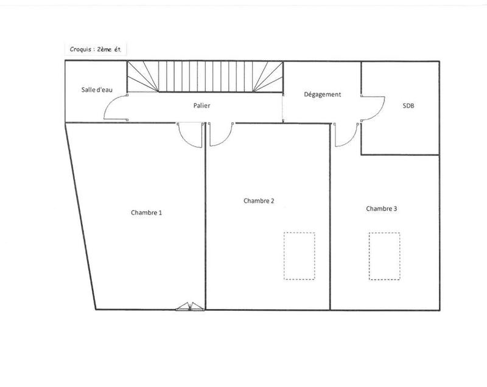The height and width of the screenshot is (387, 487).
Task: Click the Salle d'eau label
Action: (x=97, y=90)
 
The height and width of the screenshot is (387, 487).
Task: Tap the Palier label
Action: (x=202, y=106)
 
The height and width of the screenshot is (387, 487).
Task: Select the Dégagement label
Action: (x=323, y=94)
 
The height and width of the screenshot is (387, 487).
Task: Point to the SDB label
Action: (x=408, y=105)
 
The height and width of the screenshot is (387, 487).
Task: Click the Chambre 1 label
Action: (x=146, y=213)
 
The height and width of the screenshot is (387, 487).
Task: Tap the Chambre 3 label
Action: (x=382, y=209)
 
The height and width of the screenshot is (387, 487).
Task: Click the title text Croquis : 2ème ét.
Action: (x=97, y=47)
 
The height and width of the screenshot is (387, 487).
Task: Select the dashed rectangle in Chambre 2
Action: (x=300, y=256)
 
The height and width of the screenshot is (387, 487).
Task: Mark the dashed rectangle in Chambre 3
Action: (x=384, y=256)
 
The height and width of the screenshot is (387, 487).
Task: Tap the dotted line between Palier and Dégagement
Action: (x=284, y=108)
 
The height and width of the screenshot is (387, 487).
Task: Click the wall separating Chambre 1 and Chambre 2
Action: (x=206, y=231)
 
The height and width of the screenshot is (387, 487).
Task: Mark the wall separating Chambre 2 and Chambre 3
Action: (x=330, y=231)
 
